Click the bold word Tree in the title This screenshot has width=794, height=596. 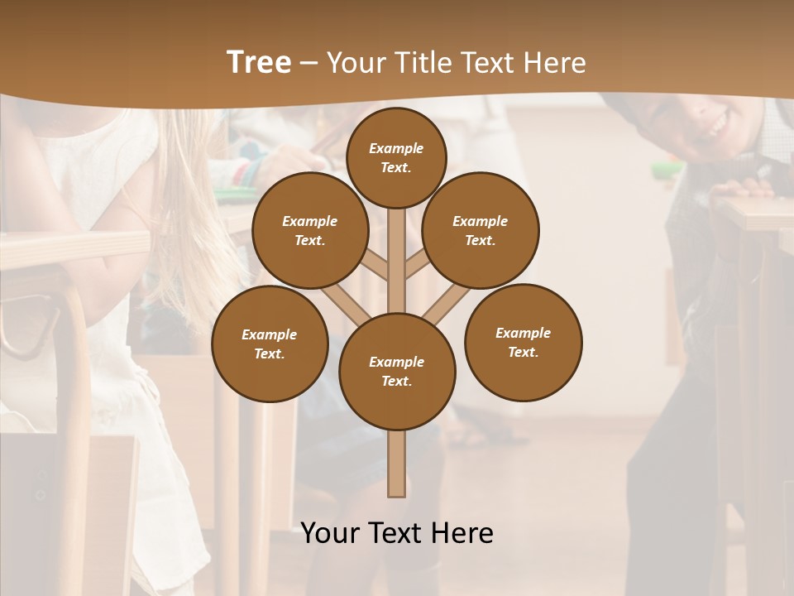click(x=259, y=63)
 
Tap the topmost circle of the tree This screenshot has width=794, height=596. click(x=396, y=157)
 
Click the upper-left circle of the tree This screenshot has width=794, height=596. click(x=309, y=231)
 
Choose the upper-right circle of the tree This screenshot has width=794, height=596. click(x=481, y=231)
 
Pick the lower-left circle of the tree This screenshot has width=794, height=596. click(x=270, y=344)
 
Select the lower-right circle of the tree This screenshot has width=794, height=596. click(x=523, y=343)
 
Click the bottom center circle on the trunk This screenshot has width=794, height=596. click(x=397, y=372)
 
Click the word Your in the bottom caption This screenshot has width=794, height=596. click(x=332, y=533)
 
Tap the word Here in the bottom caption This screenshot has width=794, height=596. click(x=462, y=533)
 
